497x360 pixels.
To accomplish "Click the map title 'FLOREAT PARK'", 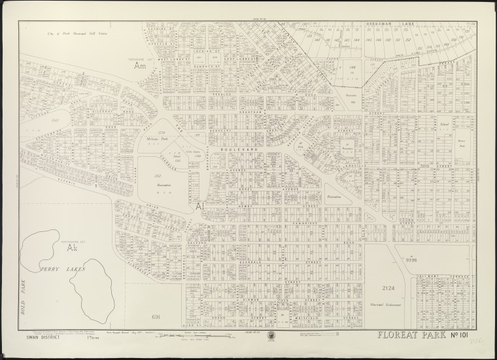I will coord(412,336).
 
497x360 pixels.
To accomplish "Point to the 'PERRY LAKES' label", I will coord(61,269).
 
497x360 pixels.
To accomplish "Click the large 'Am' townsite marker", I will coord(138,67).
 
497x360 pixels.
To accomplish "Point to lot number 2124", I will coord(390,287).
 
